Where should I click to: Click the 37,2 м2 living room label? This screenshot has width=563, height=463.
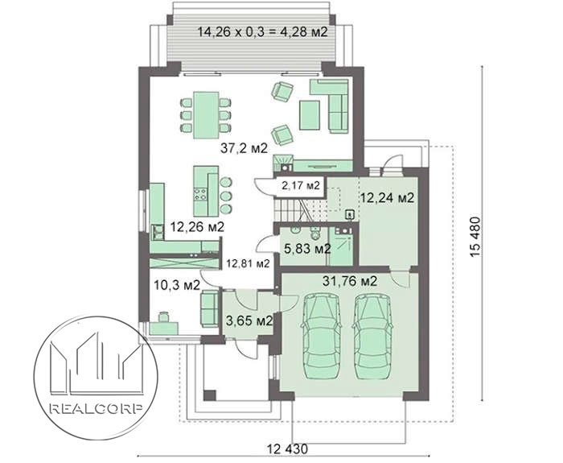[245, 147]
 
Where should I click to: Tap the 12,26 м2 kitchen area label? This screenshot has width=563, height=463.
[197, 227]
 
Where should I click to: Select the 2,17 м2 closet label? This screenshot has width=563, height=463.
[301, 185]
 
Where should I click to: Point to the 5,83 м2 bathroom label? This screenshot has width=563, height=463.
[307, 248]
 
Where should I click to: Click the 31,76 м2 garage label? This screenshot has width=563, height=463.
[350, 281]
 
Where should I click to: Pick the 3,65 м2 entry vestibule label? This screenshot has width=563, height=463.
[249, 320]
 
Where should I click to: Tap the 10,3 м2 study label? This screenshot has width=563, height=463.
[177, 285]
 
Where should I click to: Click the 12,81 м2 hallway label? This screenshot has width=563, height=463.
[248, 263]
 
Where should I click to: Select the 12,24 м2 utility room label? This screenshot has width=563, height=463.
[388, 197]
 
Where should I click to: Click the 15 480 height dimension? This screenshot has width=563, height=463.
[475, 237]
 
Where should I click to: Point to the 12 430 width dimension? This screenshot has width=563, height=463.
[288, 449]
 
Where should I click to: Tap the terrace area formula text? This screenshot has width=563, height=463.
[263, 31]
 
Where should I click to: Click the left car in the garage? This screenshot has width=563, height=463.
[320, 337]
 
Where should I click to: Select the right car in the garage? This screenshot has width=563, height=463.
[372, 337]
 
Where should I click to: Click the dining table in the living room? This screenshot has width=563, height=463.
[206, 115]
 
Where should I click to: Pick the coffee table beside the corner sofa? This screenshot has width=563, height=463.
[310, 115]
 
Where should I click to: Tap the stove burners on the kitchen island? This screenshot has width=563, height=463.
[200, 194]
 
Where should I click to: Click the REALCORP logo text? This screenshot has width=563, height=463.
[96, 409]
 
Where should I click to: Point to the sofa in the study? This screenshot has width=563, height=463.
[209, 308]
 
